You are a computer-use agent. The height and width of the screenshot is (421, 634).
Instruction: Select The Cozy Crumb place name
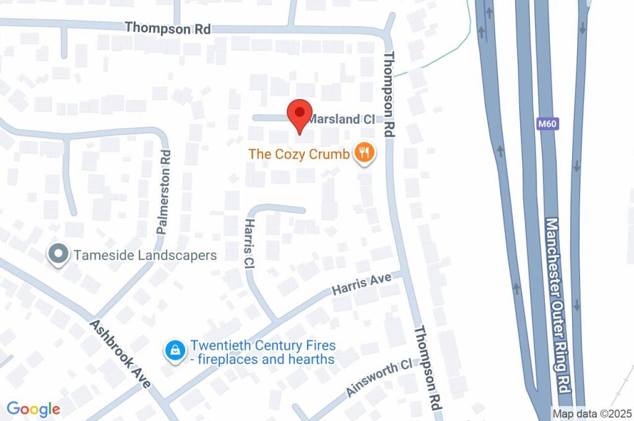(299, 154)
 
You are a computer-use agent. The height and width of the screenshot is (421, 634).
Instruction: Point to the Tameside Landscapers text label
(145, 255)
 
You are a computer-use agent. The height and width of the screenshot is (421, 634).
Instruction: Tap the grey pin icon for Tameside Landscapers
(58, 254)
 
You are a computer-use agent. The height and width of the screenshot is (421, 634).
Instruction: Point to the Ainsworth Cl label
(378, 378)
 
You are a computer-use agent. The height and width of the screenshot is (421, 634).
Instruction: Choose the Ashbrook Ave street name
(120, 354)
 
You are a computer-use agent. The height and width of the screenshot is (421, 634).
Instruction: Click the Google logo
(33, 409)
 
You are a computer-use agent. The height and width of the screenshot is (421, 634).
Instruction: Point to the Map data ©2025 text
(592, 413)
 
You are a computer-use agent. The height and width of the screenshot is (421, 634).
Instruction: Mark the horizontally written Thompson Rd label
(167, 28)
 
